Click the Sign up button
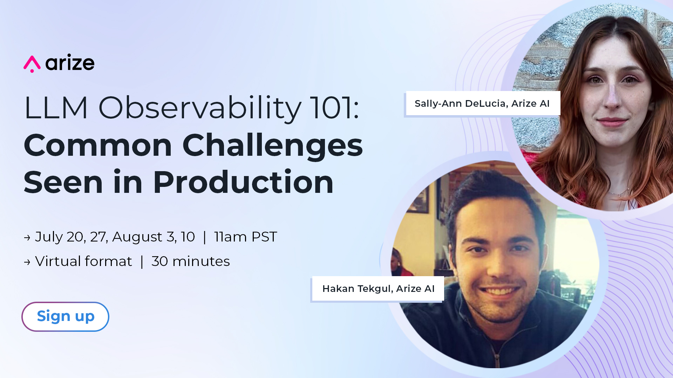[x=65, y=316]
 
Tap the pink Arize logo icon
[x=32, y=64]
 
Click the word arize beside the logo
[x=70, y=63]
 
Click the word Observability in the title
[x=200, y=108]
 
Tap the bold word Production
[x=243, y=182]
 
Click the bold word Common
[x=98, y=145]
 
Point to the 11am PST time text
[x=246, y=237]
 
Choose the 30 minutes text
[x=191, y=261]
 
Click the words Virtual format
[x=83, y=261]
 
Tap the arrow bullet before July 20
[x=27, y=238]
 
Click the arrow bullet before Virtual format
[x=27, y=262]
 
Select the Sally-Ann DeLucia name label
[x=482, y=103]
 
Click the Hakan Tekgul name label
[x=378, y=288]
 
